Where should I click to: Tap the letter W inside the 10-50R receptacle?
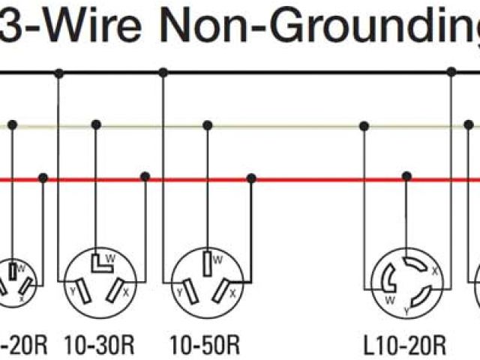[217, 260]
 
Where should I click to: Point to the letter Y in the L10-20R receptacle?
[406, 310]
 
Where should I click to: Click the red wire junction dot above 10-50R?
[251, 178]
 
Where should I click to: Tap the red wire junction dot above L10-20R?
[406, 177]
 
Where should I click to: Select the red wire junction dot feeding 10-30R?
[145, 177]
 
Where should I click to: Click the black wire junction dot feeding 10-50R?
[163, 73]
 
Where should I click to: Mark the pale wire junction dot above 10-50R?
[207, 125]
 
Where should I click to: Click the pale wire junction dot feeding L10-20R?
[365, 125]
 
